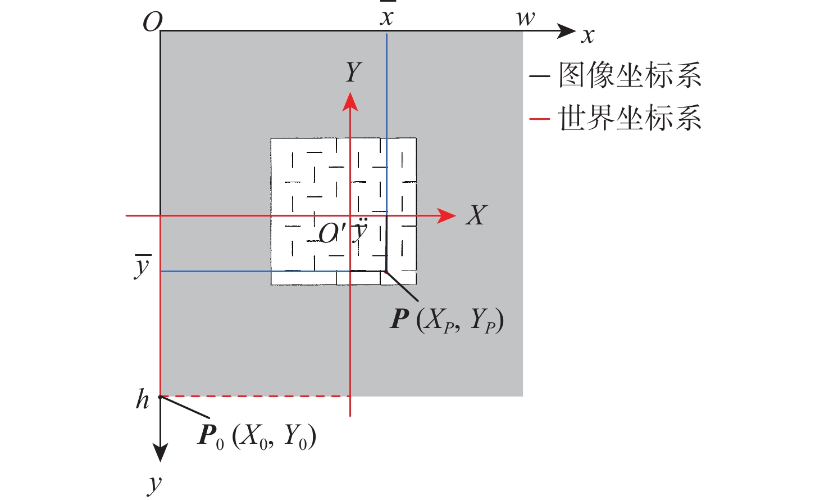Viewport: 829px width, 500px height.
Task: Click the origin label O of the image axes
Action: point(152,22)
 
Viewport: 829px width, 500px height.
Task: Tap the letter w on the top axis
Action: point(526,19)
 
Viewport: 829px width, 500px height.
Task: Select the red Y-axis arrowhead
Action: point(350,102)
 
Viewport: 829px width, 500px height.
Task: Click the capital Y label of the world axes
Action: point(353,73)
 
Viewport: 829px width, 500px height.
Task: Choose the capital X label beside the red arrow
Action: point(476,215)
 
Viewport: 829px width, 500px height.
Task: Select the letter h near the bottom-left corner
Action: point(143,400)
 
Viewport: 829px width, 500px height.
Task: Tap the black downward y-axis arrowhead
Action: point(161,452)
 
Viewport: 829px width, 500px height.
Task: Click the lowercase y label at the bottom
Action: point(154,484)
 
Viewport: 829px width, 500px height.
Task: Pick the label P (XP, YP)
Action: point(447,320)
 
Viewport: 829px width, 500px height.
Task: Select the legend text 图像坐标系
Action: point(630,75)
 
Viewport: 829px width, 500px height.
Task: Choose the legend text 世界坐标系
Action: point(630,119)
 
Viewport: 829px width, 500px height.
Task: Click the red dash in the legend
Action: point(539,119)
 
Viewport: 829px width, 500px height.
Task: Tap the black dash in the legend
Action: point(539,75)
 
